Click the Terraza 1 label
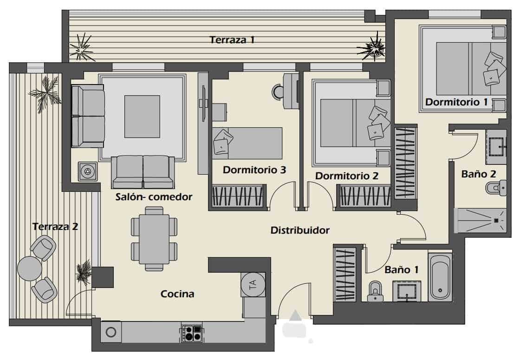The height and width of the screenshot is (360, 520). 232,39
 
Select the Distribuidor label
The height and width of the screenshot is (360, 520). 300,230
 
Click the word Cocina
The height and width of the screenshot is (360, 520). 177,294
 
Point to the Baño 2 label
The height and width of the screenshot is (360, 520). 479,174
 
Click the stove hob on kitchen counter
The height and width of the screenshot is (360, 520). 192,333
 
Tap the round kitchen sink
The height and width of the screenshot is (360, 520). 111,332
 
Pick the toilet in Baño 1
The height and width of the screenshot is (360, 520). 374,292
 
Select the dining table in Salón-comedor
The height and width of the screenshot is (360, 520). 154,238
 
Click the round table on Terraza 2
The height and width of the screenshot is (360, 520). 29,268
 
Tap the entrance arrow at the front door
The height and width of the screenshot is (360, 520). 294,316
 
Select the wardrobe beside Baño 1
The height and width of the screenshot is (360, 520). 344,275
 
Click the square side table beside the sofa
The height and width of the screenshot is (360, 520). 87,171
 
